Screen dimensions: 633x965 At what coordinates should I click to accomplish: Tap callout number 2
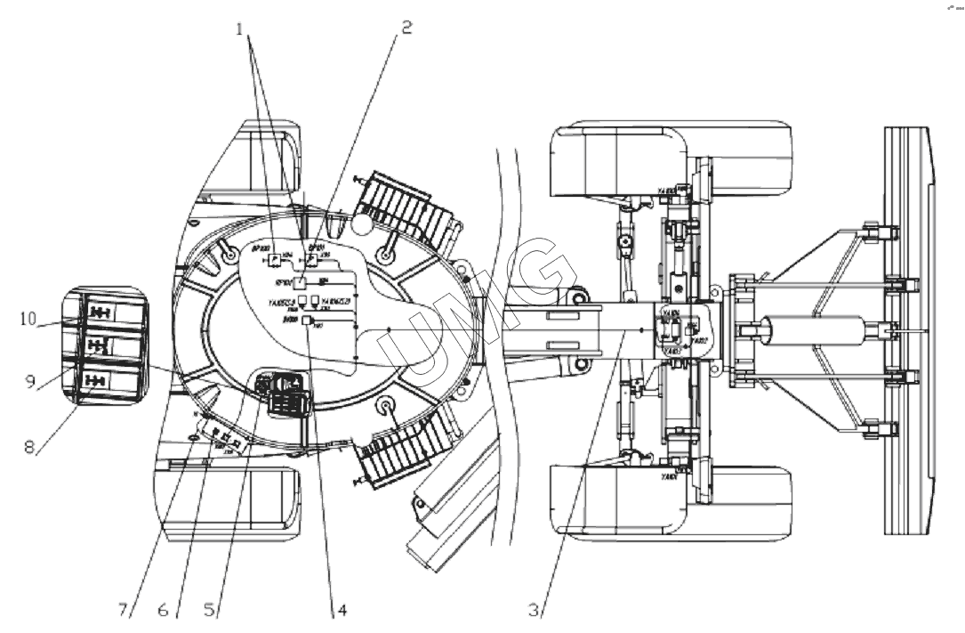405,28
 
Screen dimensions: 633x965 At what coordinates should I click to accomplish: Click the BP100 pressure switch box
277,258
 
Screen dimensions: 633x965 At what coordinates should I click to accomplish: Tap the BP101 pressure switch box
311,261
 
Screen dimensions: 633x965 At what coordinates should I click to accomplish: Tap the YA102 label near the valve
700,341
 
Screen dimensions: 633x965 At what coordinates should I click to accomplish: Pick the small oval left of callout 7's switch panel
193,438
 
